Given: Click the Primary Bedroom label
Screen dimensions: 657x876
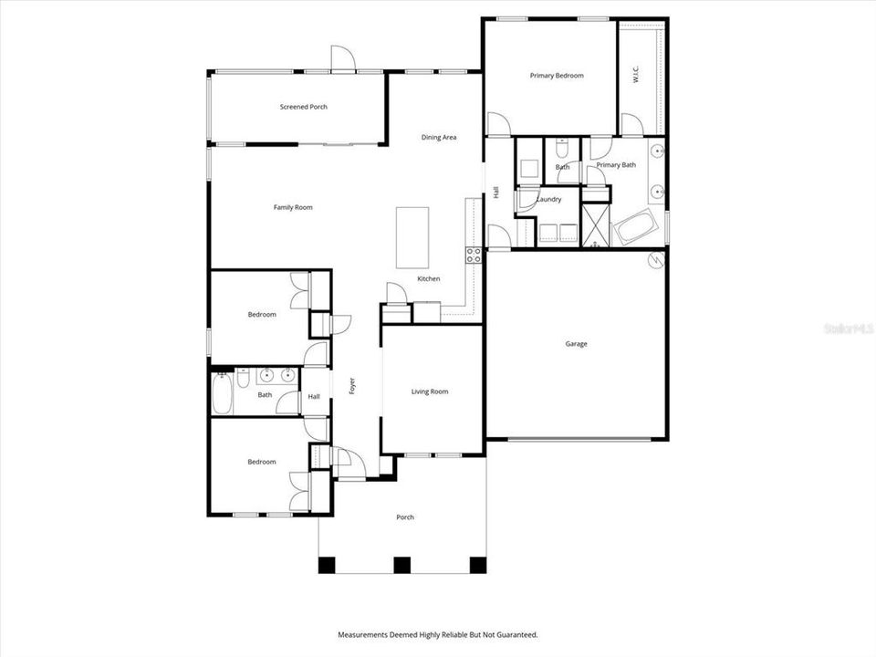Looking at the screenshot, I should [x=557, y=76].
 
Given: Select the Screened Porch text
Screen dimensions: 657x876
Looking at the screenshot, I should [x=303, y=107].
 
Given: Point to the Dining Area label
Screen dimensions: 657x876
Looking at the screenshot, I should [x=438, y=137].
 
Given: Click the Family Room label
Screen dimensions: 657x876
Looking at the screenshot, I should [x=293, y=207].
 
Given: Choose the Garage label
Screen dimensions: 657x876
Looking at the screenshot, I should [x=576, y=344].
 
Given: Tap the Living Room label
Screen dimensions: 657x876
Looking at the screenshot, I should [x=430, y=391].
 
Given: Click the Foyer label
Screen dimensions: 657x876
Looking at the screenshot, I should [x=352, y=387].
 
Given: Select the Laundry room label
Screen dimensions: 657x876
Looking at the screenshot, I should [x=548, y=199].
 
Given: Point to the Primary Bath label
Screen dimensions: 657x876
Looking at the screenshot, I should [x=616, y=165].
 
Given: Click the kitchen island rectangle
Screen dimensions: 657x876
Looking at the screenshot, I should [x=412, y=237].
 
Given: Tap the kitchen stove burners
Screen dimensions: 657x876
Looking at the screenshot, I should [x=474, y=255].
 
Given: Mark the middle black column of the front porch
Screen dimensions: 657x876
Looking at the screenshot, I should [x=401, y=565].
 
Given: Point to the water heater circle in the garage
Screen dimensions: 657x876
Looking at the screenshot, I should [x=656, y=260].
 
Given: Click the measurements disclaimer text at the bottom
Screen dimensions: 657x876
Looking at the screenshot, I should [x=437, y=634].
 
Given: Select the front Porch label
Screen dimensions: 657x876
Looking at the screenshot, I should [x=405, y=517].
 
